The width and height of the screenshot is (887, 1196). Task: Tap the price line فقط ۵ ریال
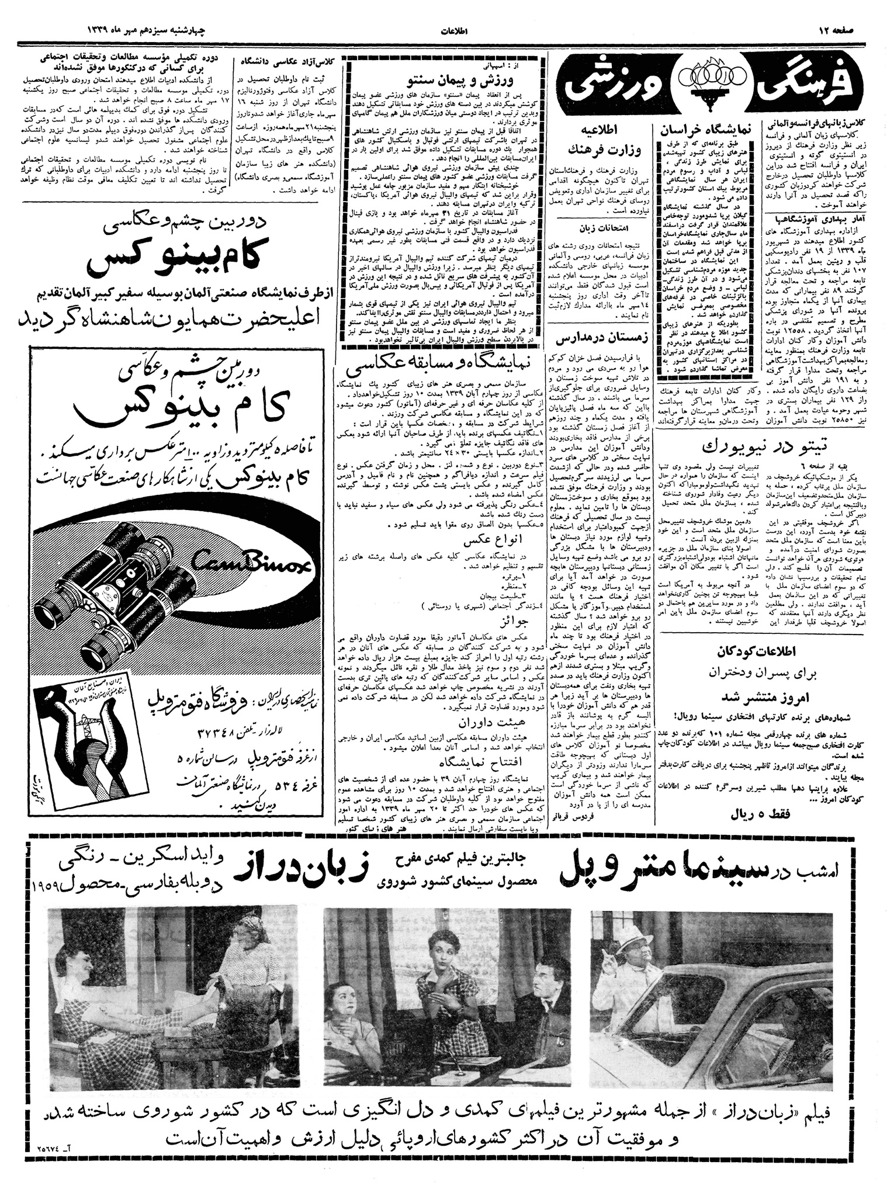pos(760,813)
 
